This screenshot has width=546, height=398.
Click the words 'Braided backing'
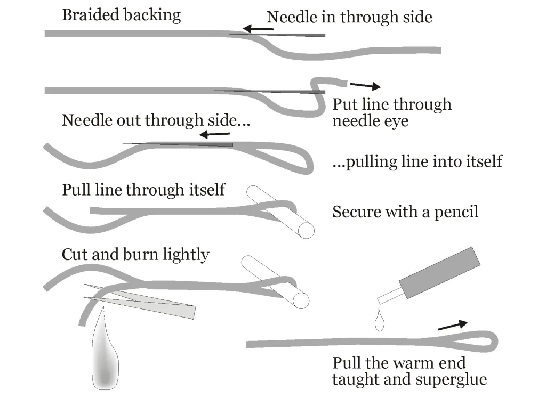pyautogui.click(x=121, y=14)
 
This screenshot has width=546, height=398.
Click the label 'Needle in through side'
pyautogui.click(x=349, y=17)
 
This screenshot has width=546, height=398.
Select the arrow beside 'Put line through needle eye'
pyautogui.click(x=365, y=85)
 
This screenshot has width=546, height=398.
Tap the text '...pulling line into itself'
pyautogui.click(x=417, y=161)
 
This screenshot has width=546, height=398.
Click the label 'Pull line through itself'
pyautogui.click(x=143, y=189)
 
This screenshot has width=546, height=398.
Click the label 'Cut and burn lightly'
pyautogui.click(x=135, y=254)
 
